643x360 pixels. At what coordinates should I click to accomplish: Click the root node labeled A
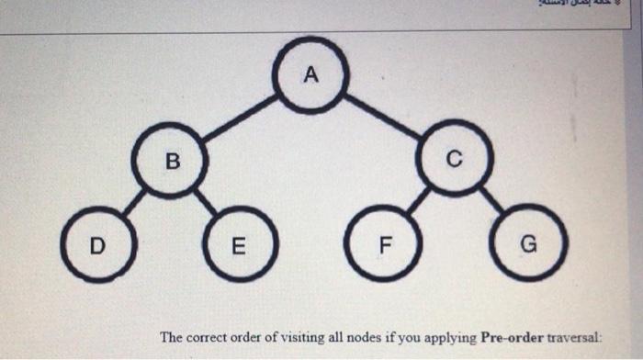pyautogui.click(x=310, y=76)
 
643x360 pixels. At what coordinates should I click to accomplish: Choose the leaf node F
pyautogui.click(x=384, y=244)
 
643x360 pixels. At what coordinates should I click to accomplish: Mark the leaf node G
pyautogui.click(x=527, y=243)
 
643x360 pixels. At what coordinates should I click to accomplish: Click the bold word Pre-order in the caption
pyautogui.click(x=512, y=337)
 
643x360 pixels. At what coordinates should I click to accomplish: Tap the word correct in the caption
pyautogui.click(x=207, y=337)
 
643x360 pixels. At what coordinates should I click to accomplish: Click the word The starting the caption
pyautogui.click(x=172, y=337)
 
